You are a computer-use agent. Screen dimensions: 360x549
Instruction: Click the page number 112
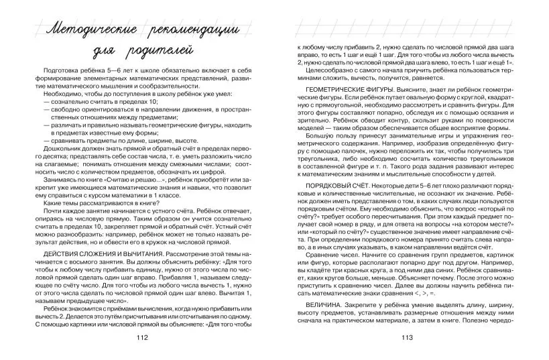141,337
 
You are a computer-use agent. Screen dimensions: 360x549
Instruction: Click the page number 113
407,337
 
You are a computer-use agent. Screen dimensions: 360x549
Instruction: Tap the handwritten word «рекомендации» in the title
195,29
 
